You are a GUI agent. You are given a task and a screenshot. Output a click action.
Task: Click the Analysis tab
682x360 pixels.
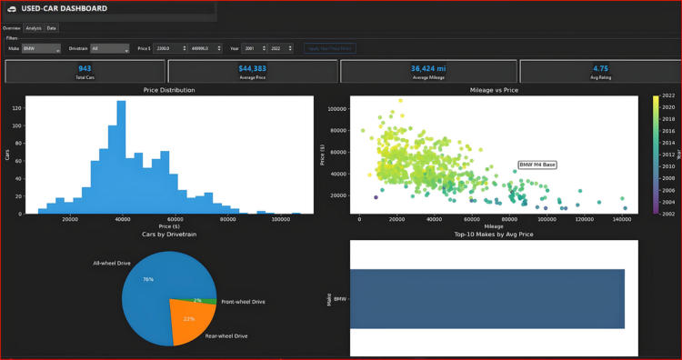tap(33, 28)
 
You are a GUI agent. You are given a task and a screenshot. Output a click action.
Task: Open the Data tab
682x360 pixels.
tap(52, 28)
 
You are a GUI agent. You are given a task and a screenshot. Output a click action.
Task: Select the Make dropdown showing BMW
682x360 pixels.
tap(41, 48)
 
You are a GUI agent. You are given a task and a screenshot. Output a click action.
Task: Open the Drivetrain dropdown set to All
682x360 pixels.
tap(109, 48)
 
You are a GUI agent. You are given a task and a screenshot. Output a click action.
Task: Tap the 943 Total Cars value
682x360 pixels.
tap(85, 68)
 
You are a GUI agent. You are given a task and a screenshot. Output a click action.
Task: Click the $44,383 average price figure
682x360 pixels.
tap(253, 68)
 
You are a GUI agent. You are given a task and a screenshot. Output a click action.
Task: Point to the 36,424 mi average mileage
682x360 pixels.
tap(428, 68)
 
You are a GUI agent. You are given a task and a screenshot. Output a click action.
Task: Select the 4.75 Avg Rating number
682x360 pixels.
tap(600, 68)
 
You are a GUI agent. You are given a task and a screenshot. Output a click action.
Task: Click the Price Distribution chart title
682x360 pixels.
tap(168, 90)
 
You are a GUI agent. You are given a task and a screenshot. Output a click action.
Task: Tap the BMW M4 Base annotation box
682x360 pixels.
tap(537, 165)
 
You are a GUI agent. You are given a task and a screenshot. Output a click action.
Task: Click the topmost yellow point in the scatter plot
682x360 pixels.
tap(400, 100)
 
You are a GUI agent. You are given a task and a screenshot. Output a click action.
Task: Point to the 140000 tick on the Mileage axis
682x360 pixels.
tap(622, 219)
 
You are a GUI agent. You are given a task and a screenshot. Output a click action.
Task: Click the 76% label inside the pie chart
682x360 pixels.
tap(148, 279)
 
